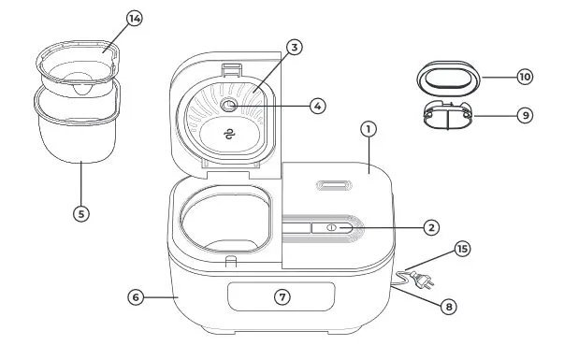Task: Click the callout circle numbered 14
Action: (x=135, y=19)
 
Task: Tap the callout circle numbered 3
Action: (x=295, y=48)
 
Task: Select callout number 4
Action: (x=318, y=106)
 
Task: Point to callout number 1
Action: (x=369, y=129)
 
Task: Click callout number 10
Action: (x=525, y=77)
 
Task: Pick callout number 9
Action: (x=525, y=115)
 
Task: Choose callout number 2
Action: (x=431, y=227)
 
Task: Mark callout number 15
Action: (x=462, y=249)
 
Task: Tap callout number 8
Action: (x=449, y=307)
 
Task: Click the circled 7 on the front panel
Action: (x=282, y=297)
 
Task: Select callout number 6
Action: (x=136, y=297)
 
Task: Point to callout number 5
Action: (x=81, y=214)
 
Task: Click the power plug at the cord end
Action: (x=422, y=281)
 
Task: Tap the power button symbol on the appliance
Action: (x=332, y=227)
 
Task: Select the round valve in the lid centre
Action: (x=228, y=105)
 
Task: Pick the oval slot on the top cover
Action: (x=334, y=185)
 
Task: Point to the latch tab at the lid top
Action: (x=231, y=70)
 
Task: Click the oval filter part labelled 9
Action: (x=448, y=116)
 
